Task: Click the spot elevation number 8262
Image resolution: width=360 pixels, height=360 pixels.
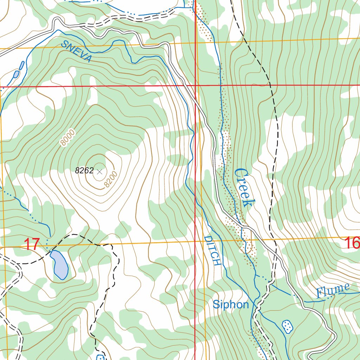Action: [84, 171]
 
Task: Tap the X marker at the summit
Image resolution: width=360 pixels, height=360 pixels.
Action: [99, 172]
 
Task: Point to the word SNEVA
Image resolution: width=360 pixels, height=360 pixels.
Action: [76, 51]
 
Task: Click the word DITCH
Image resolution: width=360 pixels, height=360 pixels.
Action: [212, 251]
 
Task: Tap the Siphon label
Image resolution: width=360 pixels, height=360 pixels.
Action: [231, 305]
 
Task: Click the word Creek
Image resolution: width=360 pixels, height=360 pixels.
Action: [244, 187]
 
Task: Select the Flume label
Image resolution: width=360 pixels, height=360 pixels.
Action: [333, 291]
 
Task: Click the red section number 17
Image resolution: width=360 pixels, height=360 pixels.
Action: [31, 244]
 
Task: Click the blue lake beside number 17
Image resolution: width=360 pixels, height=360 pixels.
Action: [60, 265]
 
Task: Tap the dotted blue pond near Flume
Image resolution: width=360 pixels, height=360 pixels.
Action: [288, 326]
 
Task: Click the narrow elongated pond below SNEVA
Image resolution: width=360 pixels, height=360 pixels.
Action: [22, 65]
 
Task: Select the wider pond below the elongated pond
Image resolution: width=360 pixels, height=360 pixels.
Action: [16, 74]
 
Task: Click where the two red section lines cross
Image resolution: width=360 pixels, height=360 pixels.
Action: [195, 85]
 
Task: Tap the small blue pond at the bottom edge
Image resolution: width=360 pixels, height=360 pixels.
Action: [100, 358]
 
